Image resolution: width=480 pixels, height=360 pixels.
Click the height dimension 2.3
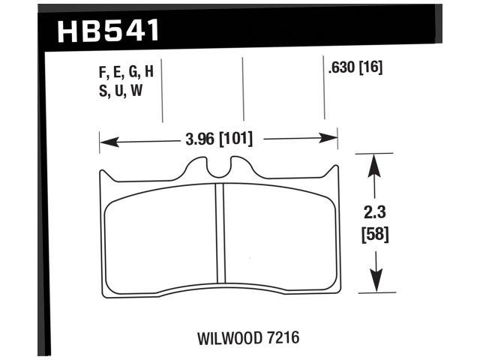(376, 213)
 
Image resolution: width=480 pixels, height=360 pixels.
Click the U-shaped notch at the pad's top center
(218, 169)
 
